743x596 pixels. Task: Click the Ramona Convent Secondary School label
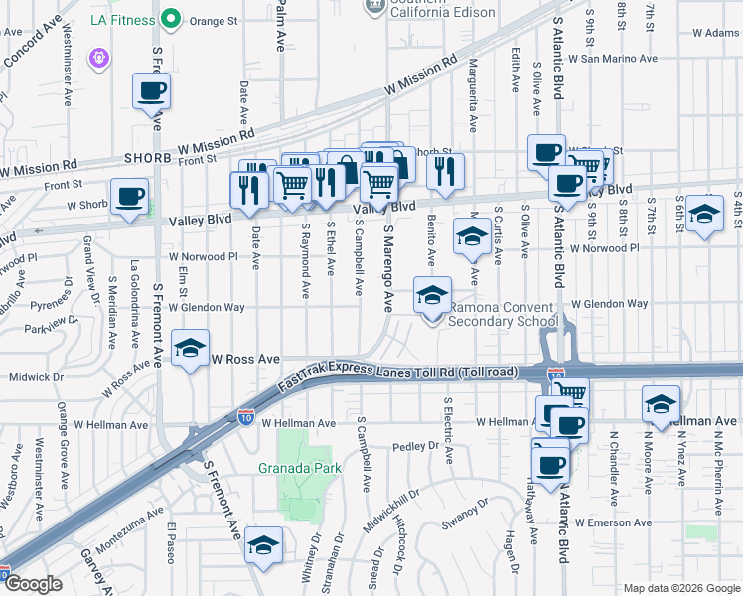click(x=502, y=314)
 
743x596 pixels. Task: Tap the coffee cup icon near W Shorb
click(x=130, y=195)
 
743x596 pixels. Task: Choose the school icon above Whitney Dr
click(x=263, y=545)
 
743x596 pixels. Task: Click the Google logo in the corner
click(x=34, y=584)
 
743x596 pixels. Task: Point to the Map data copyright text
click(x=679, y=587)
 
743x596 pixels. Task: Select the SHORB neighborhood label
click(x=149, y=158)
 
